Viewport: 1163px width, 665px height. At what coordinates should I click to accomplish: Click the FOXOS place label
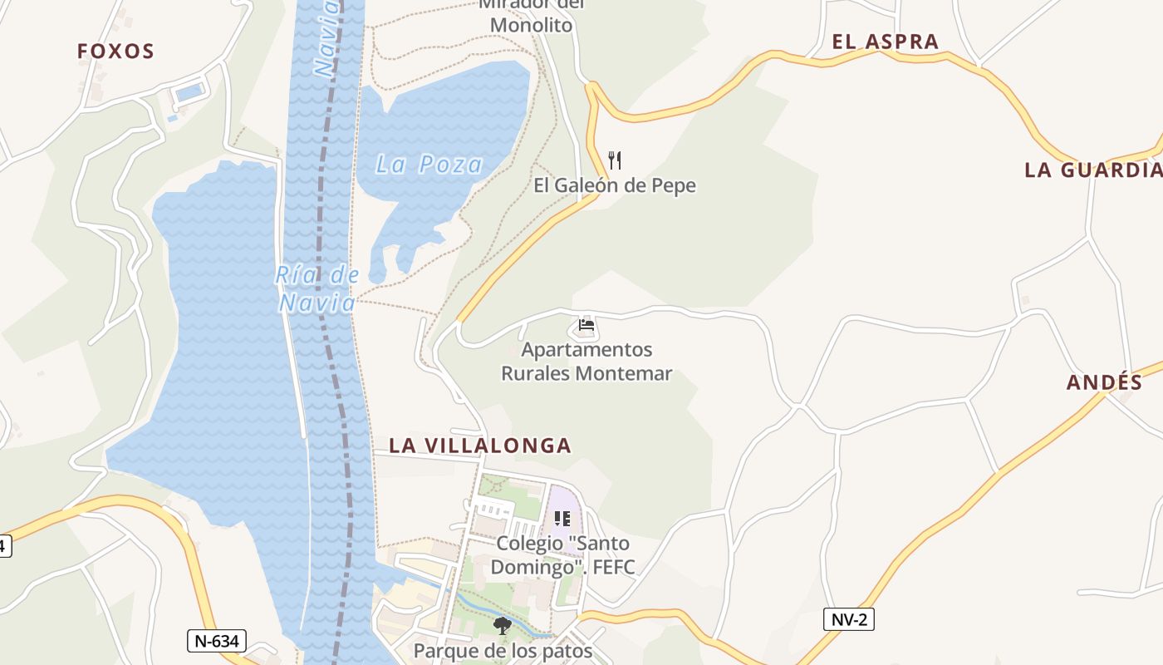click(115, 52)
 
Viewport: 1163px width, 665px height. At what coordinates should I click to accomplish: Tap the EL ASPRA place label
click(885, 42)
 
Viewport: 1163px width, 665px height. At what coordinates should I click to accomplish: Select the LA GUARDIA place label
click(1092, 170)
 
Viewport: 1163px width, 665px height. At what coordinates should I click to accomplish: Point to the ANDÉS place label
click(1104, 382)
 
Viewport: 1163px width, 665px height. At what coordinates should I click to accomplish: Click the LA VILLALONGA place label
click(480, 446)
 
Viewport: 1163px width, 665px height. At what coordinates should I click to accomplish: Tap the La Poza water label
click(429, 165)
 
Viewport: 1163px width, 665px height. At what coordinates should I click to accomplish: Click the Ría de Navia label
click(317, 288)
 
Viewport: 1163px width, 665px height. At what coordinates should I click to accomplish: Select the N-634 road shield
click(218, 641)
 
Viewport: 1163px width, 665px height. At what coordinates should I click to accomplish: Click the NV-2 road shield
click(849, 618)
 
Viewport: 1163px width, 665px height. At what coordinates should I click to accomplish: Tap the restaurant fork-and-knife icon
click(615, 160)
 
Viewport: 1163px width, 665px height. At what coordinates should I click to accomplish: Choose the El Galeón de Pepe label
click(615, 185)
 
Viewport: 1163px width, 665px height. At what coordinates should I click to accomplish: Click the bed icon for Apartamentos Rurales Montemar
click(586, 325)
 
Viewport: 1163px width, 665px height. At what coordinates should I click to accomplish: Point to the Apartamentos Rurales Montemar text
click(586, 362)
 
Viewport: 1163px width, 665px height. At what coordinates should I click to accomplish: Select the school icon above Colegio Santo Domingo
click(562, 519)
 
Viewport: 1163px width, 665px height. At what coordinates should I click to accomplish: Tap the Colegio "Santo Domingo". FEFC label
click(562, 555)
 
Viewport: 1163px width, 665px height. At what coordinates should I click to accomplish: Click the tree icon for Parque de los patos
click(502, 625)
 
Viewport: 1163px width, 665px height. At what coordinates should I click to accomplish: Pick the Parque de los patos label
click(503, 650)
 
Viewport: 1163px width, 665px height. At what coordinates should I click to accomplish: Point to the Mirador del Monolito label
click(532, 17)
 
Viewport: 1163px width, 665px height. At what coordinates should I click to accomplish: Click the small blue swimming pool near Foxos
click(189, 91)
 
